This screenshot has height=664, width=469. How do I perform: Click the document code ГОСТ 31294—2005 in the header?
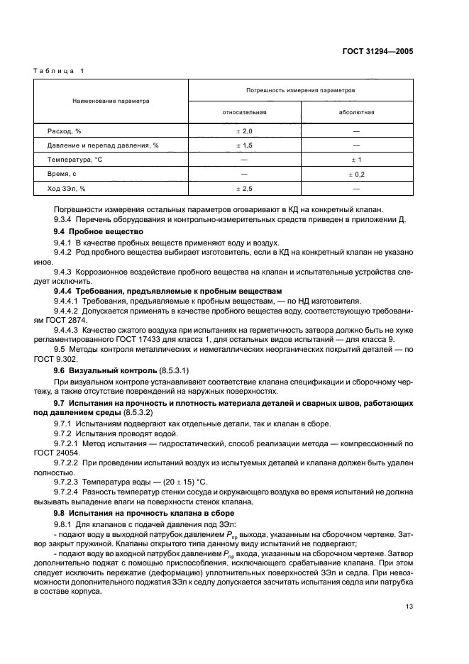pyautogui.click(x=377, y=51)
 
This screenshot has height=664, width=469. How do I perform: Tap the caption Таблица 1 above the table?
pyautogui.click(x=60, y=71)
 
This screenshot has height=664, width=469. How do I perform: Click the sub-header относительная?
pyautogui.click(x=244, y=112)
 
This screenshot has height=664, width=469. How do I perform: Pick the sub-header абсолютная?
pyautogui.click(x=357, y=112)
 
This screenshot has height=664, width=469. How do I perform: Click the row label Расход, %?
pyautogui.click(x=65, y=131)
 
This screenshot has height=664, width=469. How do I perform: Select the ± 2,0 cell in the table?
pyautogui.click(x=244, y=131)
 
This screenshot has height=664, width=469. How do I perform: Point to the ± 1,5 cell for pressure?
pyautogui.click(x=244, y=145)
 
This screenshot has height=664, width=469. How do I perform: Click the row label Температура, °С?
pyautogui.click(x=75, y=160)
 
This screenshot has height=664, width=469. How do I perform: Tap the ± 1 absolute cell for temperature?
pyautogui.click(x=356, y=160)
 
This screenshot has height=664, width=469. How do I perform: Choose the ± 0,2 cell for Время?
pyautogui.click(x=356, y=174)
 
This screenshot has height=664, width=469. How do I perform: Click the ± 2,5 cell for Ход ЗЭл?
pyautogui.click(x=244, y=188)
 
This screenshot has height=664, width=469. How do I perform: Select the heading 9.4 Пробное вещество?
pyautogui.click(x=99, y=232)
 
